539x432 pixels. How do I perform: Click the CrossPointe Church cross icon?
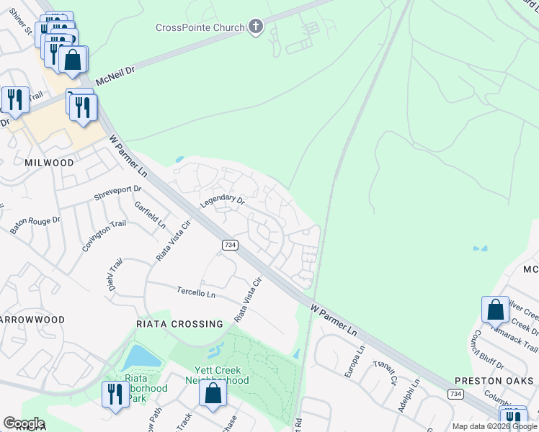255,28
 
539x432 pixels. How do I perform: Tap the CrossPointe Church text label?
200,28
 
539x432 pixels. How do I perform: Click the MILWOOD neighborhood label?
49,163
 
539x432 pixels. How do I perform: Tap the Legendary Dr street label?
223,202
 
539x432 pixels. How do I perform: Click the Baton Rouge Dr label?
35,225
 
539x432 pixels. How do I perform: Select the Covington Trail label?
104,235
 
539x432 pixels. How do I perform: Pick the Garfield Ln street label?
151,215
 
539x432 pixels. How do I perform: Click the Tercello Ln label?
196,293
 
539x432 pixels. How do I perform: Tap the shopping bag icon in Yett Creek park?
213,393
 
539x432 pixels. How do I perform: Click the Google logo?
24,423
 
